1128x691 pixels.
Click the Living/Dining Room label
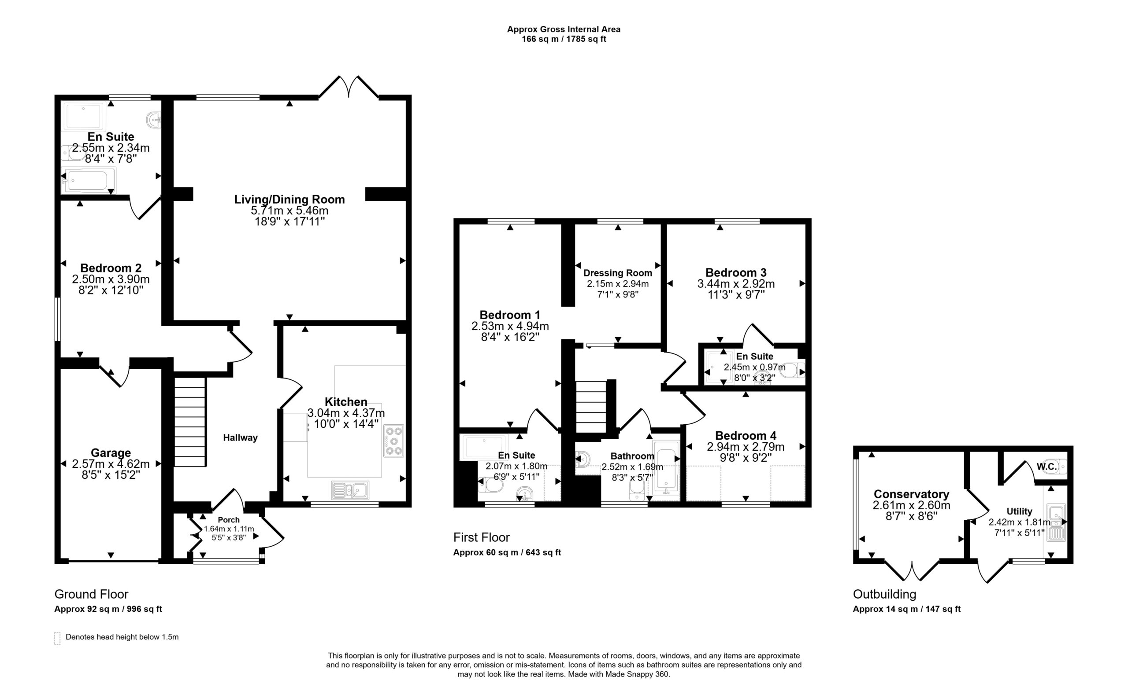(289, 199)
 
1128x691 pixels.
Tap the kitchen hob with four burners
(394, 441)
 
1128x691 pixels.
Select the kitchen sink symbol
(350, 491)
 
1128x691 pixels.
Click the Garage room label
(111, 453)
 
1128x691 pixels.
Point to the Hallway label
(240, 437)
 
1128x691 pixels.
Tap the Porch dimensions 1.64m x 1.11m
(229, 529)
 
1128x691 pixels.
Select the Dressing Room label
(618, 273)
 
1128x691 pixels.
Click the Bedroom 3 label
(736, 272)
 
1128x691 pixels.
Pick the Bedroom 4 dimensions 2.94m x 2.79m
(746, 446)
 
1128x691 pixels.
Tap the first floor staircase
(590, 407)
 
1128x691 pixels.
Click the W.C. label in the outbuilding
(1046, 467)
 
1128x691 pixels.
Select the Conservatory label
(912, 494)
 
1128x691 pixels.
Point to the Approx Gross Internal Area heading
(564, 29)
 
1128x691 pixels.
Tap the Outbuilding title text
(884, 594)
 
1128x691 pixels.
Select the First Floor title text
(481, 537)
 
